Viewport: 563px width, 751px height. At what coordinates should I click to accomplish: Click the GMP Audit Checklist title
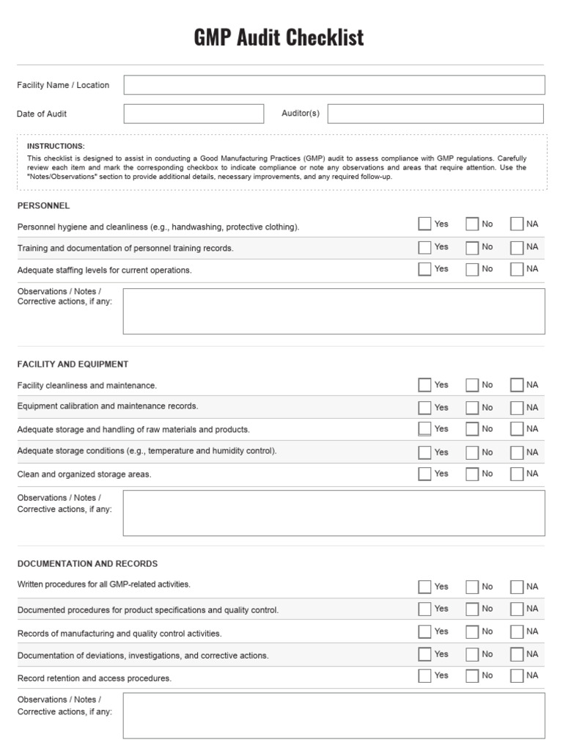[279, 37]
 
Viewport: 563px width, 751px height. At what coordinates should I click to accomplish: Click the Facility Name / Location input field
[334, 85]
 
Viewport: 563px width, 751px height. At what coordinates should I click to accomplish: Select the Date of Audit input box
[194, 114]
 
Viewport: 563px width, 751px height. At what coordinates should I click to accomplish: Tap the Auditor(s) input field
[435, 114]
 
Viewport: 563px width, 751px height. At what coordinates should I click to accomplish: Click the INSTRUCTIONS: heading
[56, 146]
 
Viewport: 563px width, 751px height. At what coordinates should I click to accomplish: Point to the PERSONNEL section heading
[43, 206]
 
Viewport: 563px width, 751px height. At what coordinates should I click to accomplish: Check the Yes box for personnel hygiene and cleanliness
[424, 224]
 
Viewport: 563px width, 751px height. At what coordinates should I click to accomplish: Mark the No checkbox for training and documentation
[472, 247]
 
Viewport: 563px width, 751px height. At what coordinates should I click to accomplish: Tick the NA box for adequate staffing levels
[517, 269]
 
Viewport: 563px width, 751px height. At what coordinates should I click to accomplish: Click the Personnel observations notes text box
[334, 311]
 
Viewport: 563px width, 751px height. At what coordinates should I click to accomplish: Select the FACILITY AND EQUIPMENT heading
[73, 364]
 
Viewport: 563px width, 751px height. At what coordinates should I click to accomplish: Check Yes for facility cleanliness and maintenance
[424, 385]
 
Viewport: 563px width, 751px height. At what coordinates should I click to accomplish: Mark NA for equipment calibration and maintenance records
[517, 408]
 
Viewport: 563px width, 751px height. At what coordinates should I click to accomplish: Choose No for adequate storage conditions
[472, 453]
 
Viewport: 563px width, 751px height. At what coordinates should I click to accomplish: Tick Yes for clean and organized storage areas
[424, 474]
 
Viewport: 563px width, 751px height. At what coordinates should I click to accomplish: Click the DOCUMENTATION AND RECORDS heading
[87, 564]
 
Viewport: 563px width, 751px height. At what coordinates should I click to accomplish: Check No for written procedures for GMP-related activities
[472, 587]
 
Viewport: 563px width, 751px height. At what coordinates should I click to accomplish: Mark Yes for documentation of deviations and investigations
[424, 654]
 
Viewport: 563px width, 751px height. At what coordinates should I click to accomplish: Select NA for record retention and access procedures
[517, 675]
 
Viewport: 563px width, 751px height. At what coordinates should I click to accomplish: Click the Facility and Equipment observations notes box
[334, 513]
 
